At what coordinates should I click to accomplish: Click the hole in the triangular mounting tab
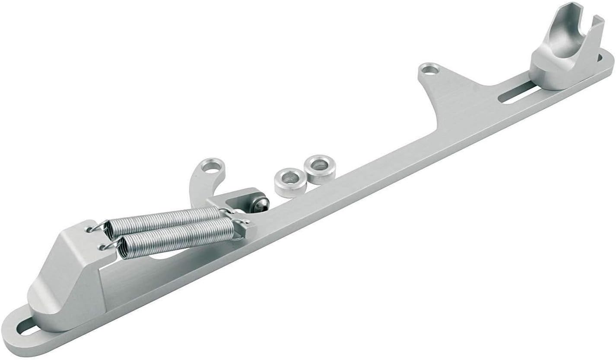tap(428, 69)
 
